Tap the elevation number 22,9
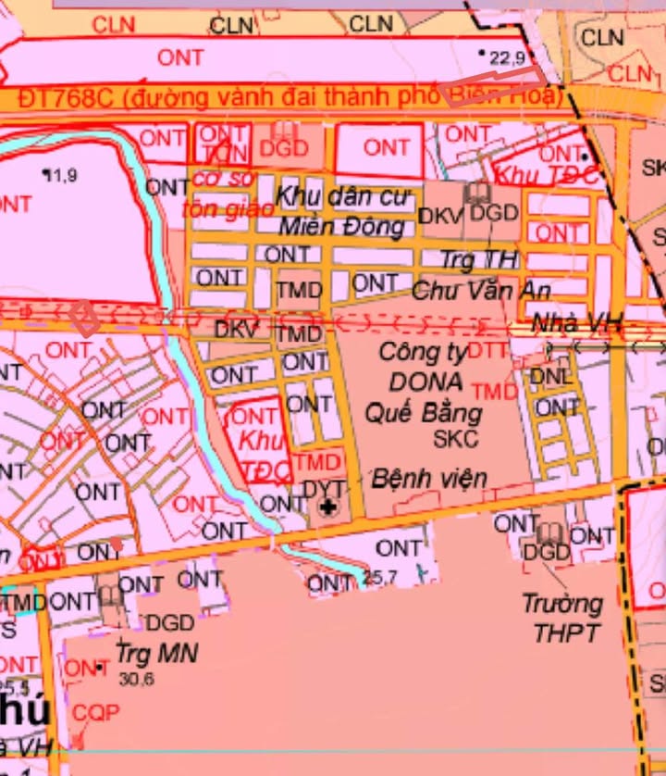[x=508, y=58]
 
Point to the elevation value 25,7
[x=380, y=578]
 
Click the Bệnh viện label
[x=429, y=479]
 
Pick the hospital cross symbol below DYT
[x=327, y=507]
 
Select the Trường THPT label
[x=561, y=619]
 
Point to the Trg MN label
[x=157, y=653]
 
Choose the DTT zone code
[x=489, y=351]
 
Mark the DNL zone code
[x=551, y=377]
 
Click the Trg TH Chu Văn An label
[x=481, y=275]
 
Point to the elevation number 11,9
[x=60, y=174]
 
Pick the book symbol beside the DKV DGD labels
[x=478, y=193]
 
